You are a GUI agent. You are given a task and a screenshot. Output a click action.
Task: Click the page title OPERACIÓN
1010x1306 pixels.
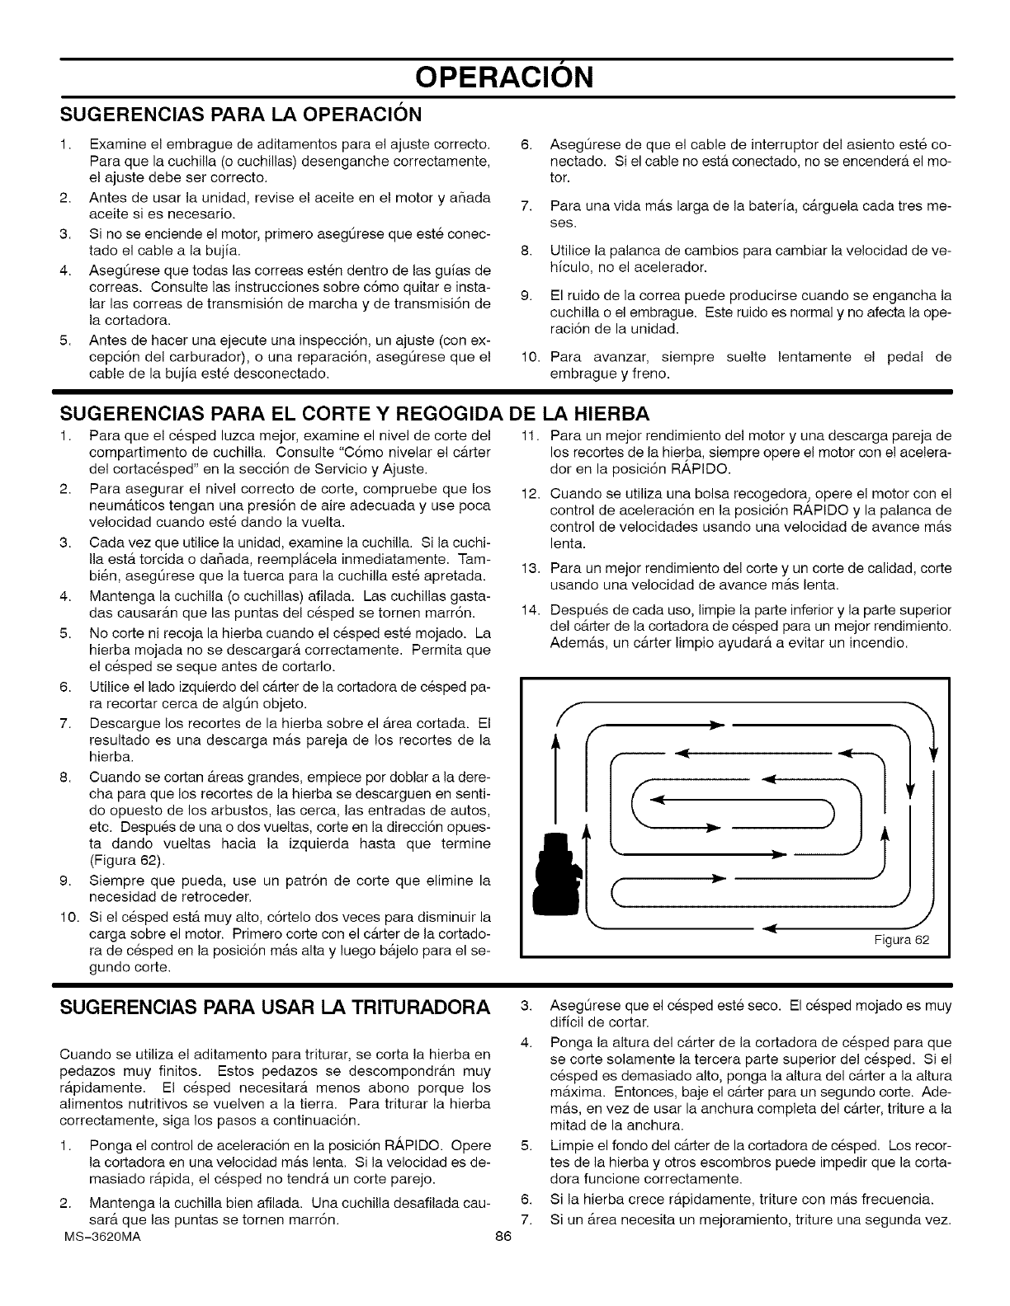[x=504, y=78]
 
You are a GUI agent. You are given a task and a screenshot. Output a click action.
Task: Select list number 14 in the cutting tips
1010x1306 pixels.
[x=531, y=610]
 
